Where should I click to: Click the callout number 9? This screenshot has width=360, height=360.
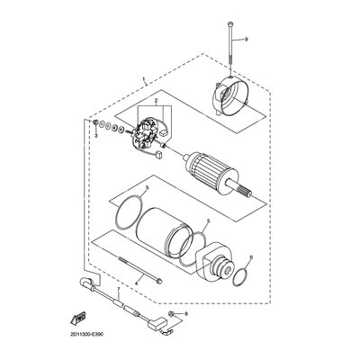click(246, 39)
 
